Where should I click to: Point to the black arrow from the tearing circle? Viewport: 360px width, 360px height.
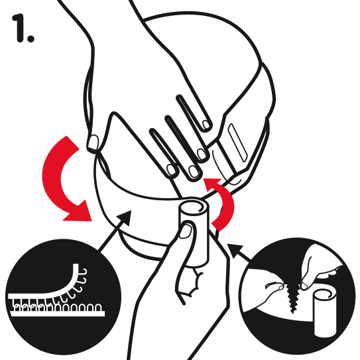(x=239, y=252)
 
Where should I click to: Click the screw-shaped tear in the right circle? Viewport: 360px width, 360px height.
(x=292, y=297)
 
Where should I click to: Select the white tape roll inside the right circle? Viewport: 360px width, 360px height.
(x=325, y=313)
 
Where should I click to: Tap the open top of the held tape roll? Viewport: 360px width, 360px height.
(x=194, y=207)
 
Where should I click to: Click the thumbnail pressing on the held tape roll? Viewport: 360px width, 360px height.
(x=186, y=231)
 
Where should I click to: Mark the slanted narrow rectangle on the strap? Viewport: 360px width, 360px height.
(x=238, y=143)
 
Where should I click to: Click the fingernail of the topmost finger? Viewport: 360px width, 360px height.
(x=206, y=125)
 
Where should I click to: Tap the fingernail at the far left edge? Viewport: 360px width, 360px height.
(x=93, y=142)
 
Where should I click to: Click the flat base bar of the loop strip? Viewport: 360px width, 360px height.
(x=58, y=314)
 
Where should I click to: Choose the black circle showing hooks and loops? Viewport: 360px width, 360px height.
(x=63, y=296)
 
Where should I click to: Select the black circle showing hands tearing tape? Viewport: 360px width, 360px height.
(x=296, y=296)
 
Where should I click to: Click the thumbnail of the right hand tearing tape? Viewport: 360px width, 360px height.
(x=304, y=285)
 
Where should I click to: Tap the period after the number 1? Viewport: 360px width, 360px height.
(x=30, y=38)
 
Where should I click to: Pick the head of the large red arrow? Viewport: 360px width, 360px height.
(x=78, y=212)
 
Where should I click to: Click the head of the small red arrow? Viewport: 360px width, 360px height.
(x=213, y=184)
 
